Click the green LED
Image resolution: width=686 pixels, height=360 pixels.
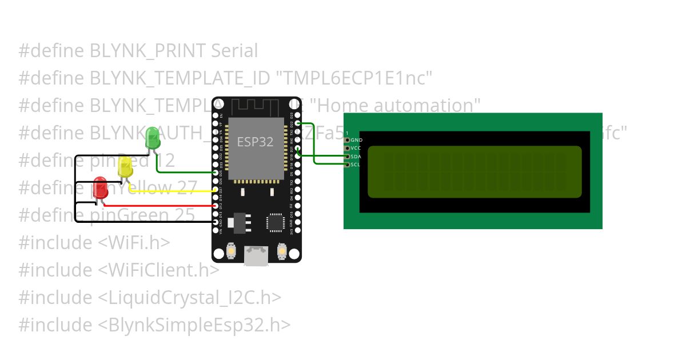tap(153, 138)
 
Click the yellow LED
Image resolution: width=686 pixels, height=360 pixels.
tap(125, 167)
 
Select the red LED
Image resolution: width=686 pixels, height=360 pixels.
tap(101, 189)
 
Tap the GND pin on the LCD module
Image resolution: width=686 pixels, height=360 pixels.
tap(346, 140)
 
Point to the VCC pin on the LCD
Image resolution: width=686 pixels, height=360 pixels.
tap(346, 148)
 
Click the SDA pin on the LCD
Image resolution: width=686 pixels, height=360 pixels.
tap(346, 156)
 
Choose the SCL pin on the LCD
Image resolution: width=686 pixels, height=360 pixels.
tap(346, 165)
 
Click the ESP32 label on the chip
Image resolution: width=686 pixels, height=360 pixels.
tap(255, 142)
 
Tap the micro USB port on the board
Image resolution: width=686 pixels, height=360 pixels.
tap(256, 255)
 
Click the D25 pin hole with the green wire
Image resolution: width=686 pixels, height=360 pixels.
tap(216, 173)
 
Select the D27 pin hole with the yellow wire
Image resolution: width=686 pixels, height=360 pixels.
tap(216, 189)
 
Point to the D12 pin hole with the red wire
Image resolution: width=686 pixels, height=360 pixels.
tap(216, 206)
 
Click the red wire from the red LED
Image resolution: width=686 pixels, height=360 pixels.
tap(160, 206)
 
